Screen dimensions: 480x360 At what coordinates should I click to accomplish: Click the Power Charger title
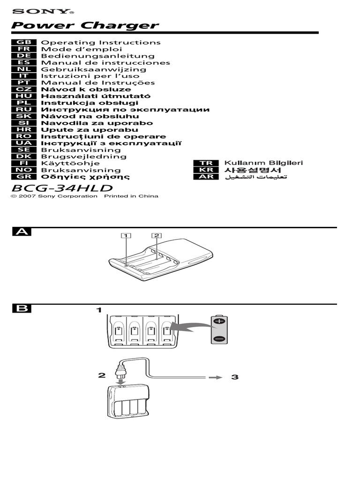pyautogui.click(x=85, y=25)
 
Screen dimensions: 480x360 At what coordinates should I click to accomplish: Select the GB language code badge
pyautogui.click(x=24, y=42)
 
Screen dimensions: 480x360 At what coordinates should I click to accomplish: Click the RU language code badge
pyautogui.click(x=24, y=110)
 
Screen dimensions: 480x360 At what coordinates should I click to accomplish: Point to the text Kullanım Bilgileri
pyautogui.click(x=264, y=163)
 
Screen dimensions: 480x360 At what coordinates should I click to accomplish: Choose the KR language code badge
pyautogui.click(x=206, y=170)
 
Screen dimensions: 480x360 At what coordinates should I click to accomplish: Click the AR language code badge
pyautogui.click(x=206, y=177)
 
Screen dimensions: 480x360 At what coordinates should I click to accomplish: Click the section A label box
pyautogui.click(x=21, y=232)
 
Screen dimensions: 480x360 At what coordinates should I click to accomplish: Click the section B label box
pyautogui.click(x=21, y=308)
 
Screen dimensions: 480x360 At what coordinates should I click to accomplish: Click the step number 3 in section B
pyautogui.click(x=235, y=376)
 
